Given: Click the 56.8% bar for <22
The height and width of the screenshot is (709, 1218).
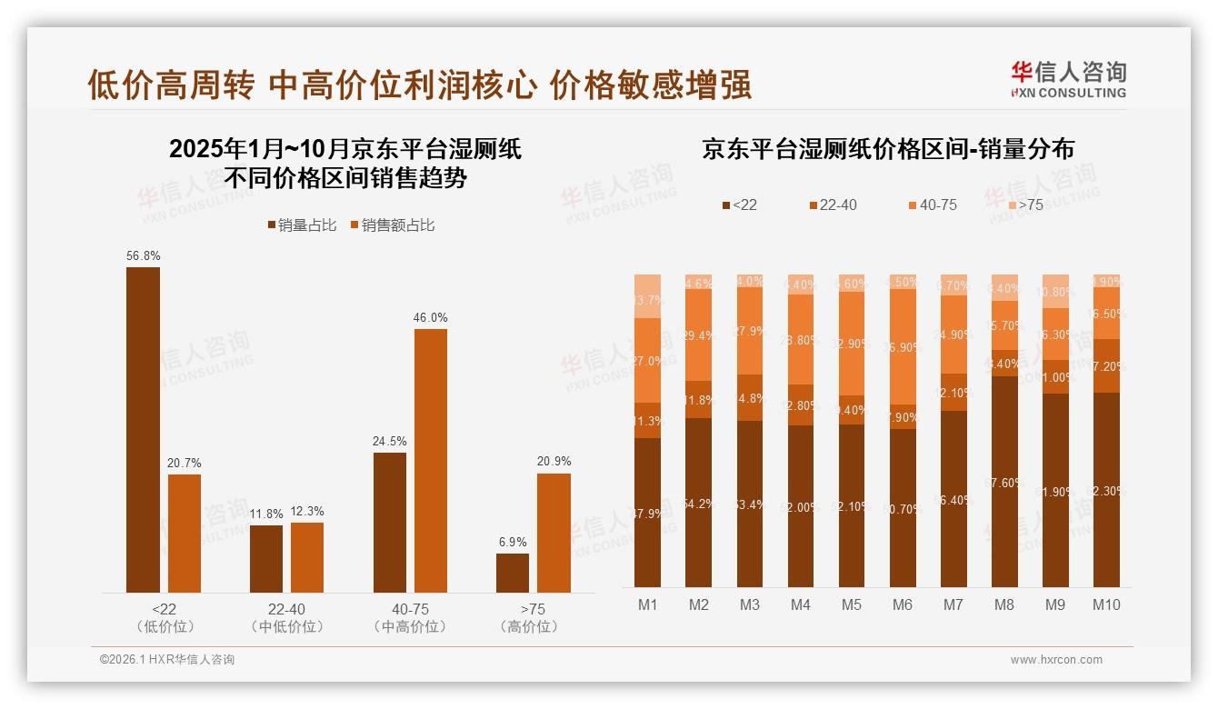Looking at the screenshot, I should [143, 429].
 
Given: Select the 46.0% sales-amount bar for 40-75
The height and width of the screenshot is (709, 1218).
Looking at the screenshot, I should [431, 460].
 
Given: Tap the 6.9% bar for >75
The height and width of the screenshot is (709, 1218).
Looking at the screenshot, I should [513, 573].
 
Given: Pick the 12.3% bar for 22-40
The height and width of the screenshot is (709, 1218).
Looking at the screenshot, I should [307, 557].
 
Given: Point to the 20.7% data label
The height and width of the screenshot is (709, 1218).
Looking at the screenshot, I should [184, 464].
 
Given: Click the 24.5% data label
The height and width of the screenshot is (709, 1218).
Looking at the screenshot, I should [389, 442].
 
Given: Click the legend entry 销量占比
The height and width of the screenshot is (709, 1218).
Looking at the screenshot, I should [301, 225].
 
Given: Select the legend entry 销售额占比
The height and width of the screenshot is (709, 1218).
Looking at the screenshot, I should [392, 225].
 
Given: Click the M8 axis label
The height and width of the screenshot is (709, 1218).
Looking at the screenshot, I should [1004, 604].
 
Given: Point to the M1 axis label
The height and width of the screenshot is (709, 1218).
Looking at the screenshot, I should [648, 604].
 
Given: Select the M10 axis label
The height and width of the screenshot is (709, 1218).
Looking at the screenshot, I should [1106, 604].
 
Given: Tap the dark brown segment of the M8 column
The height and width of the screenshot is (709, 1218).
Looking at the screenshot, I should [1004, 482].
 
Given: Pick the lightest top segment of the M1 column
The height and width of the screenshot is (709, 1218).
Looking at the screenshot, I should [648, 295].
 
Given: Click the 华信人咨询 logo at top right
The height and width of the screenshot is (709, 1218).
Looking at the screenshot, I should [1068, 79].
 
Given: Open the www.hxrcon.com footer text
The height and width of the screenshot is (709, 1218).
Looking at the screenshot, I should [1056, 660].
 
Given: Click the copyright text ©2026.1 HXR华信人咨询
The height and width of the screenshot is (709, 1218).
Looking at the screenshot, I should [167, 660].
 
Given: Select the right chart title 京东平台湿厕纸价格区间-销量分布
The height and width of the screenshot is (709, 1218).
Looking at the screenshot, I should [887, 149].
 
